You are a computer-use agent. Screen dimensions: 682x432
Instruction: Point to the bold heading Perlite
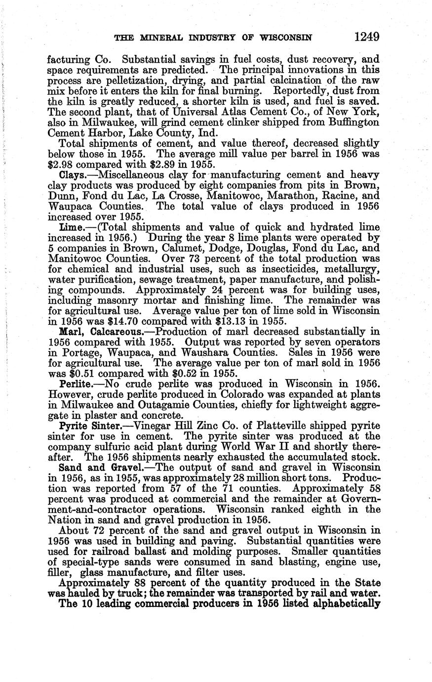pos(75,384)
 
